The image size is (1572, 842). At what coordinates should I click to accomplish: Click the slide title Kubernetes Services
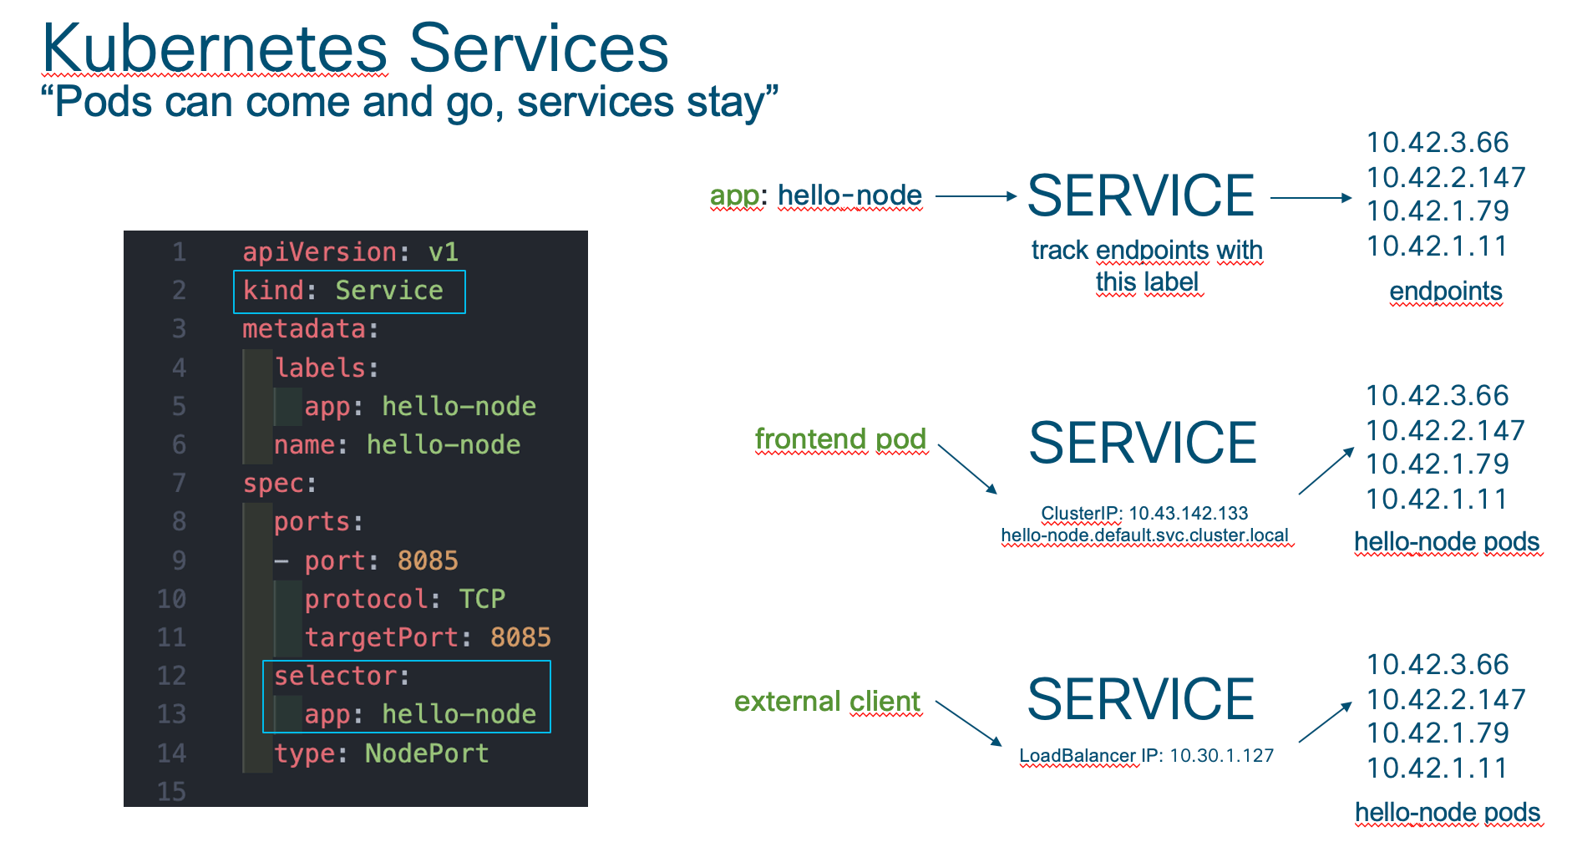356,48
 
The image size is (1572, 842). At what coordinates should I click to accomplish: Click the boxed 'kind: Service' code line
343,291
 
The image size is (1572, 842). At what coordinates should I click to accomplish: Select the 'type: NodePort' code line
381,753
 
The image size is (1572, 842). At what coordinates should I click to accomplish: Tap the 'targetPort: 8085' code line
428,637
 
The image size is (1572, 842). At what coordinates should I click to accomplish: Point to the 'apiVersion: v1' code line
351,252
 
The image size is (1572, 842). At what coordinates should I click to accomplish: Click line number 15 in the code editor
171,792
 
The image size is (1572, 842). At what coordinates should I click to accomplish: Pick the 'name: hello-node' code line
398,444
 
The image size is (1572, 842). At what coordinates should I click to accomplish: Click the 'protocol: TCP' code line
405,599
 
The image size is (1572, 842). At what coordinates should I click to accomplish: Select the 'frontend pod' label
840,439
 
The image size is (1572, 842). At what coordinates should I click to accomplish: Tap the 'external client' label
827,701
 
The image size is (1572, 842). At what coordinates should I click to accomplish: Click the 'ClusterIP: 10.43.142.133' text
1144,513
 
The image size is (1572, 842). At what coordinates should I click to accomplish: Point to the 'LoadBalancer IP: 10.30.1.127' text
1147,755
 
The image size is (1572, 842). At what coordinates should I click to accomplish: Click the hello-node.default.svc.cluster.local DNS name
1145,535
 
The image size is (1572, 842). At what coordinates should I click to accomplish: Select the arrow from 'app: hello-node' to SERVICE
976,196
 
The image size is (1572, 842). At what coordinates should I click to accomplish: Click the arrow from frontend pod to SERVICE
968,469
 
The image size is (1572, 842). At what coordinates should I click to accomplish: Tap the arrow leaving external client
969,723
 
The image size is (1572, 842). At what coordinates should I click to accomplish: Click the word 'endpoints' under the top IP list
1446,291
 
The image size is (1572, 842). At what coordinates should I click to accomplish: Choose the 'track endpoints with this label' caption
1147,266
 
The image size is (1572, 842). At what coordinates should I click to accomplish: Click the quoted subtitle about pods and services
409,103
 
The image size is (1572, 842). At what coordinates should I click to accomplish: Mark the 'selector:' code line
342,676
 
